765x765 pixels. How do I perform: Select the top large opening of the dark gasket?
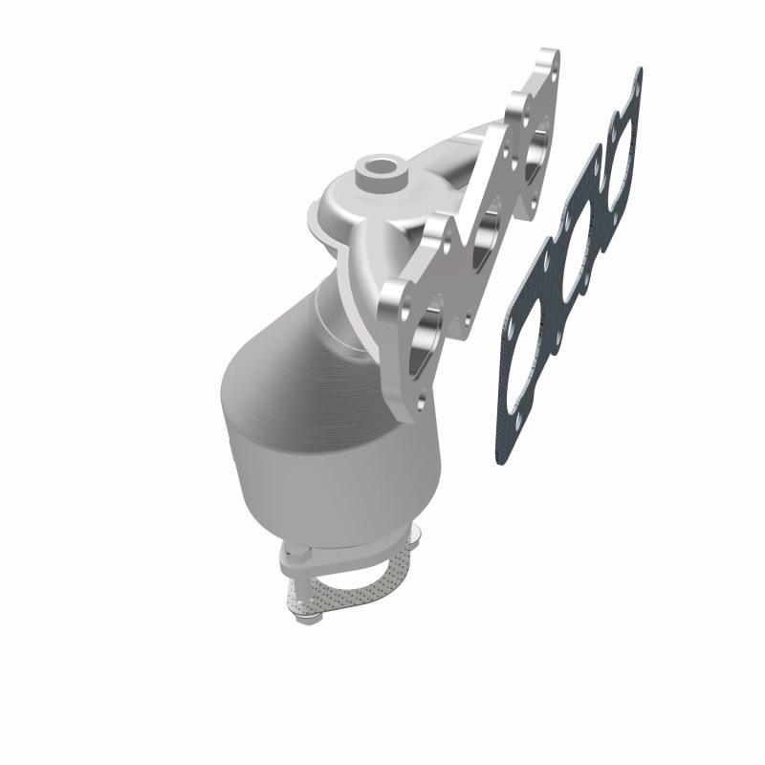click(x=622, y=153)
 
